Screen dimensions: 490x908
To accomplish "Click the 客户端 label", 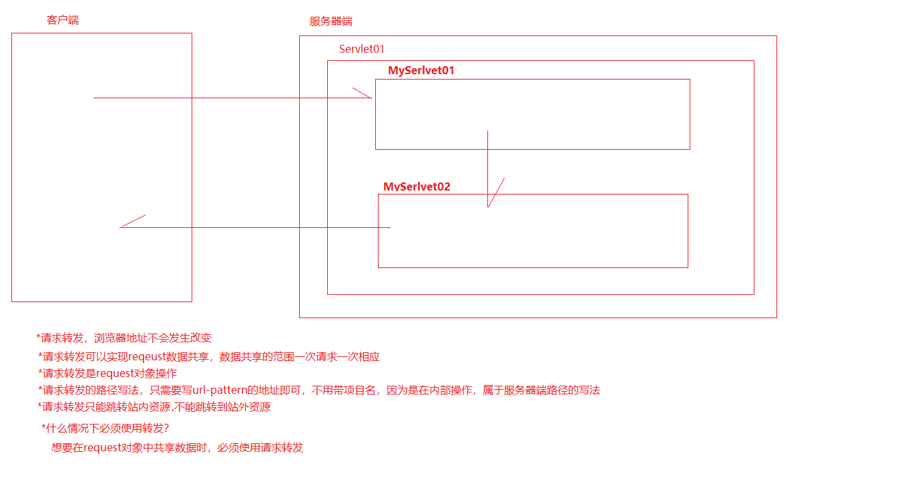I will tap(63, 20).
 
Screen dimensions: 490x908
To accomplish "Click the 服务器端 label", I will tap(330, 21).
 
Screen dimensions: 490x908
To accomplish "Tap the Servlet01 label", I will tap(362, 49).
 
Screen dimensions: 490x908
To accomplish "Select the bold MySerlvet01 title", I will tap(421, 71).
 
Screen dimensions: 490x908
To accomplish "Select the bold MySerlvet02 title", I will tap(417, 187).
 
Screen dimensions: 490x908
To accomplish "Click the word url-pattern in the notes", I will tap(220, 390).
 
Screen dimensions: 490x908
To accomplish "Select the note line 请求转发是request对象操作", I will tap(107, 373).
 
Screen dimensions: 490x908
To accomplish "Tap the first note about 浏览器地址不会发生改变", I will tap(124, 338).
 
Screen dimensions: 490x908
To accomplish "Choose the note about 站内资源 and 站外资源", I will tap(154, 406).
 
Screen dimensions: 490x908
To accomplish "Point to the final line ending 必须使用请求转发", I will tap(177, 448).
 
